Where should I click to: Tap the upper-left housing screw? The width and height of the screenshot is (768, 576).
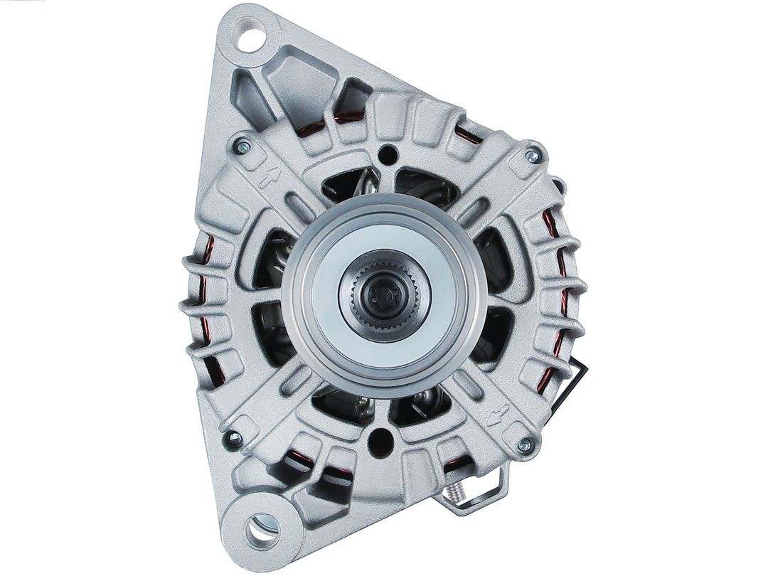coord(242,146)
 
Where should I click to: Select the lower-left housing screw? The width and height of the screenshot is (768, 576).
coord(232,438)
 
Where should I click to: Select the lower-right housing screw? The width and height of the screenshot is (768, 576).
coord(525,445)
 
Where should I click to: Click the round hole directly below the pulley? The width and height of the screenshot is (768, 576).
coord(380,442)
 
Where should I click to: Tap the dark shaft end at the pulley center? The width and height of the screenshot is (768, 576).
coord(383,292)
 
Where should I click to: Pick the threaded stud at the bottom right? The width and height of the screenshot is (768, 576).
coord(456,491)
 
